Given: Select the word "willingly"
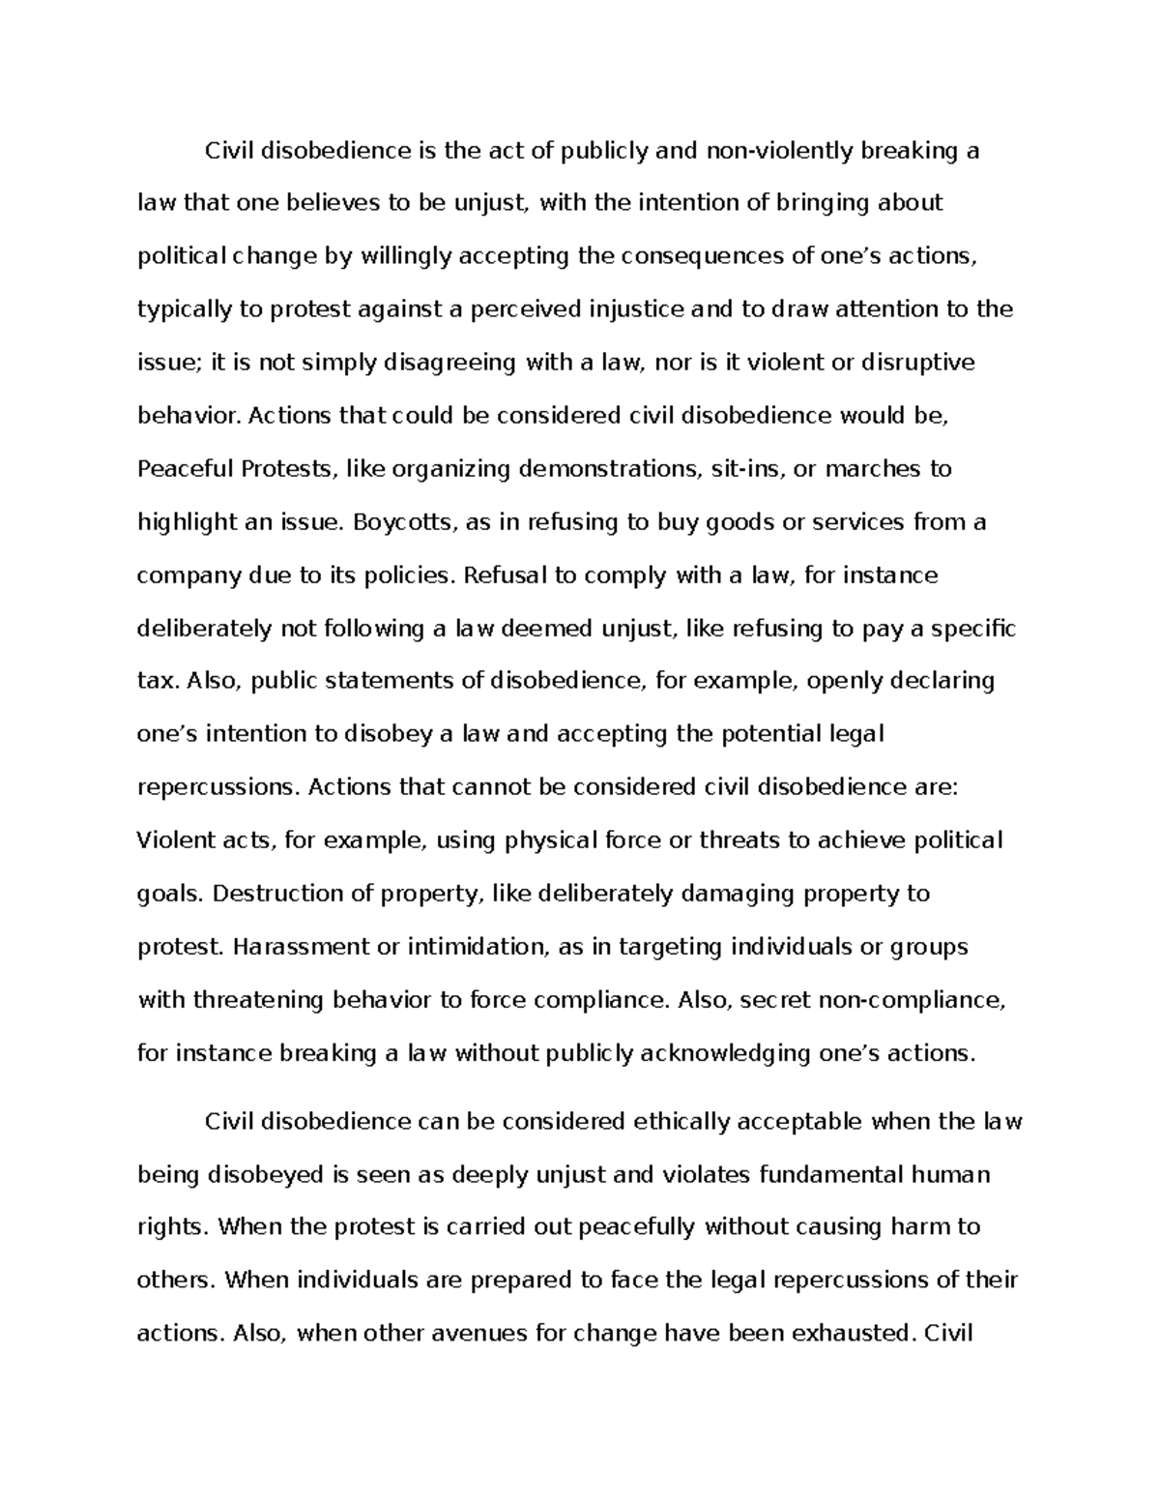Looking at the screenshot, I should click(x=405, y=256).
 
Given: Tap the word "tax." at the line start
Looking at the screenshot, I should click(x=158, y=681).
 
